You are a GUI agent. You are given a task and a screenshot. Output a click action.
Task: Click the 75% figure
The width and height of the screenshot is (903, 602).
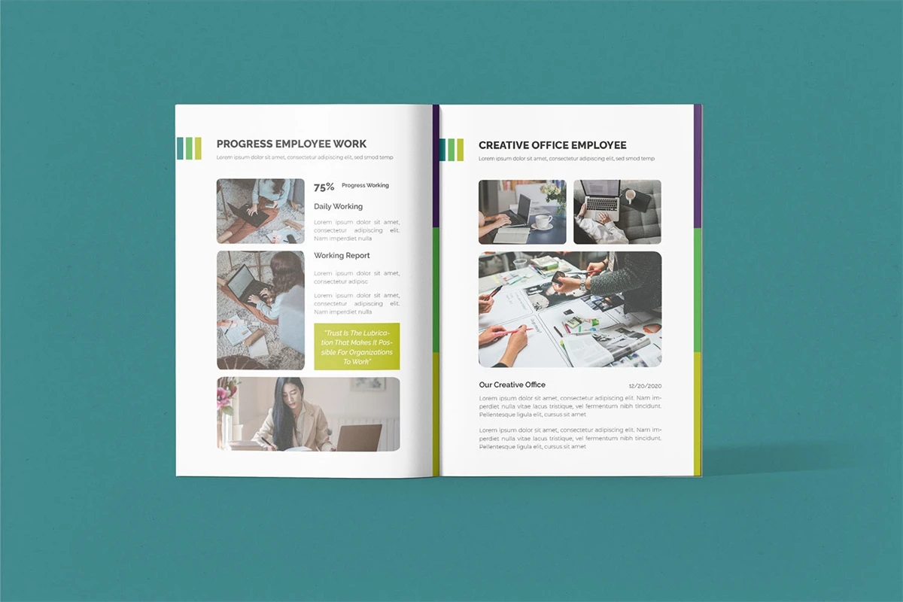(x=324, y=187)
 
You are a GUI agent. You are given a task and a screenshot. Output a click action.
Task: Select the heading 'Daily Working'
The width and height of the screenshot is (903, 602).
(x=338, y=206)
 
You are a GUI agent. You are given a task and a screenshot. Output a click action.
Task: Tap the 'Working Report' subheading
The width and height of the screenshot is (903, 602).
(x=342, y=255)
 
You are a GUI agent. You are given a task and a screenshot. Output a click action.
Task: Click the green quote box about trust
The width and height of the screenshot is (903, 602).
(x=357, y=346)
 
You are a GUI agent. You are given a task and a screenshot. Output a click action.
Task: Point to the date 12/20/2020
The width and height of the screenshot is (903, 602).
(x=645, y=386)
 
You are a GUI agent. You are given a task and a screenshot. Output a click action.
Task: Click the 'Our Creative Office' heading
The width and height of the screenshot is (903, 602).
(x=512, y=385)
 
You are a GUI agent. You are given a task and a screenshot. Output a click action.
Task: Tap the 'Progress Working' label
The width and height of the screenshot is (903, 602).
(x=365, y=185)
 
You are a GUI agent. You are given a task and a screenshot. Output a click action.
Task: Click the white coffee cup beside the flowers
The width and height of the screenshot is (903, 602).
(x=543, y=221)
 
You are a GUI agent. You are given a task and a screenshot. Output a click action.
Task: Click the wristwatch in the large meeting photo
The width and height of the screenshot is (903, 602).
(x=583, y=285)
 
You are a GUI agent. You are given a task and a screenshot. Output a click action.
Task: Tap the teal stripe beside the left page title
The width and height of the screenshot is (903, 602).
(x=180, y=148)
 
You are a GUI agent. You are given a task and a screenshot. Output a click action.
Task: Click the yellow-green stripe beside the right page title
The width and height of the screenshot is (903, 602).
(x=460, y=150)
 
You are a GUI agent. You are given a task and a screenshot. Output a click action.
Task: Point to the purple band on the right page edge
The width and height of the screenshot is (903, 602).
(x=698, y=166)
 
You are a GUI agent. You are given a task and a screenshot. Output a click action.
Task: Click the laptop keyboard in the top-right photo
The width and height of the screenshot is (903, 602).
(x=602, y=204)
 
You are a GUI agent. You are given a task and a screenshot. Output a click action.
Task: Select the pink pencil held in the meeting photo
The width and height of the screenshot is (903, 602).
(x=516, y=331)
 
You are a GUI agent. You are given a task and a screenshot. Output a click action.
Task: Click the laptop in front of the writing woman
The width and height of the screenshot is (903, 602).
(x=358, y=437)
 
